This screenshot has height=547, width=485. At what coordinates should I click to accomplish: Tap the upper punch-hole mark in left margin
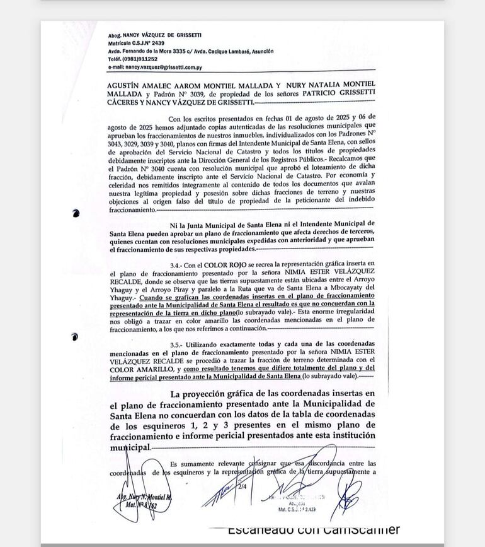coord(76,213)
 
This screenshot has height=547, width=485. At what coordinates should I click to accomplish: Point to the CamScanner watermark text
coord(313,529)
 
